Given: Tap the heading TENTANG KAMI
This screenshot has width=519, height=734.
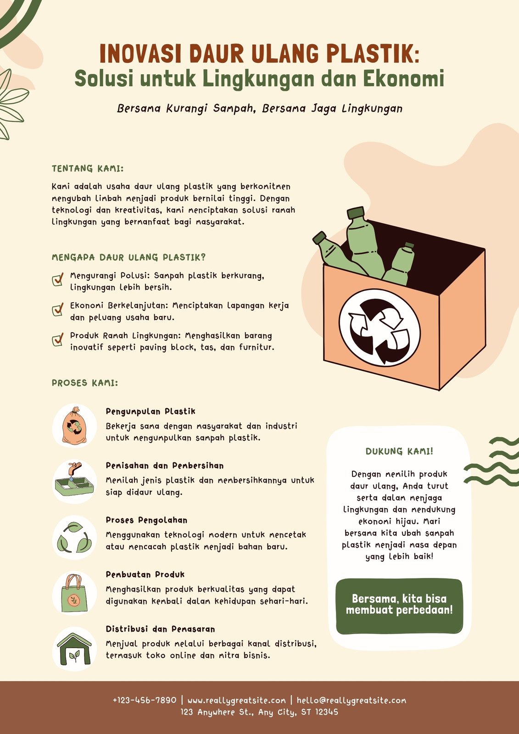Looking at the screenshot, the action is [x=88, y=168].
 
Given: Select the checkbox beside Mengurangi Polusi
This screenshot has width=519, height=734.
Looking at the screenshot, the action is [x=58, y=279].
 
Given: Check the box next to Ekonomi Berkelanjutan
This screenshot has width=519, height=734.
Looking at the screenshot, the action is [x=58, y=309].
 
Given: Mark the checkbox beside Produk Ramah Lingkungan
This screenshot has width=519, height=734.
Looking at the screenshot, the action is [x=58, y=339].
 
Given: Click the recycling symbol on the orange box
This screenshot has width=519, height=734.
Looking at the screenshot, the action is [x=379, y=328].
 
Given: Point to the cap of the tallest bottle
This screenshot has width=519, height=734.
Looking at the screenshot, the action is [x=356, y=213].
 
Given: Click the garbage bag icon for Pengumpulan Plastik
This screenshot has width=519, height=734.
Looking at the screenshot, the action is [x=75, y=425].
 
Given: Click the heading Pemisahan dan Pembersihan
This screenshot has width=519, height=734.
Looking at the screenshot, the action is [x=165, y=466].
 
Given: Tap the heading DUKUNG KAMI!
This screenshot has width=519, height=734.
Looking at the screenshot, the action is [x=399, y=451].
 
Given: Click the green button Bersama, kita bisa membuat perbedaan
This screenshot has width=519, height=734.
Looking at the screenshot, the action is [x=399, y=606].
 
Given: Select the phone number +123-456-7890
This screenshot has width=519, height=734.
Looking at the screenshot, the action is [x=145, y=700].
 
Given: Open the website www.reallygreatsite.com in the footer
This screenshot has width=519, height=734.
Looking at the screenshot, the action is [x=236, y=701].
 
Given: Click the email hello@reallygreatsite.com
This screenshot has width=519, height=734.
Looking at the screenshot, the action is [x=352, y=701].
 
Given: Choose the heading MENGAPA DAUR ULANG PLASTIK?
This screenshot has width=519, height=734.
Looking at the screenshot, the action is [x=129, y=257].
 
